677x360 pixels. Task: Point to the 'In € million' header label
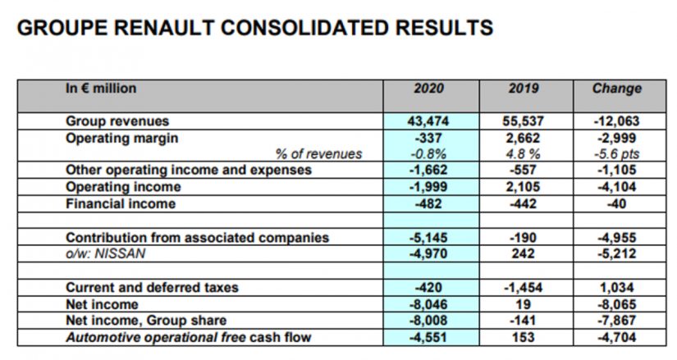(x=101, y=88)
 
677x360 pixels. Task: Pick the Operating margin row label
(x=122, y=138)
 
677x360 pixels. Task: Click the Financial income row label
(x=121, y=203)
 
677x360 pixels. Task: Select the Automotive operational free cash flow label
(x=189, y=337)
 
